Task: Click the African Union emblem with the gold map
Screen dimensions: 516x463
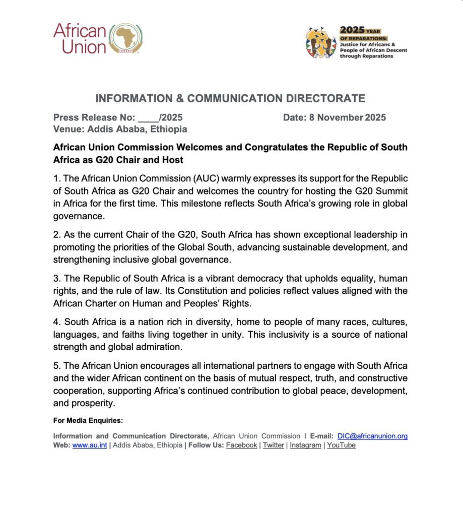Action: tap(126, 39)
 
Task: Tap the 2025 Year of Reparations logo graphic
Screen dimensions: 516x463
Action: tap(320, 42)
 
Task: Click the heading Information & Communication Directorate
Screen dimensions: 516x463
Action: tap(230, 98)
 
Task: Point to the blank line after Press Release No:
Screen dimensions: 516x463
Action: tap(148, 118)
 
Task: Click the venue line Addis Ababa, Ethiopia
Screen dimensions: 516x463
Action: tap(120, 129)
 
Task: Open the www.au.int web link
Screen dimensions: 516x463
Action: tap(90, 445)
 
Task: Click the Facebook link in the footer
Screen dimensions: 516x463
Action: tap(241, 445)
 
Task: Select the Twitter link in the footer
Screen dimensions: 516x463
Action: tap(274, 445)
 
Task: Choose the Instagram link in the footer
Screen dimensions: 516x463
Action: tap(305, 445)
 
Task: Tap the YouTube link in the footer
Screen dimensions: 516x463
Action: tap(342, 445)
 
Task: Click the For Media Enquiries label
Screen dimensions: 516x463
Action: tap(88, 420)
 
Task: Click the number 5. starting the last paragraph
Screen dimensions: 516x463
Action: tap(56, 365)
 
